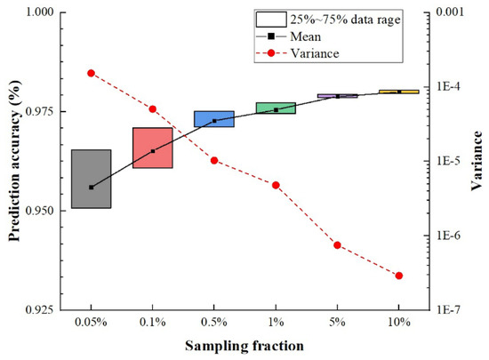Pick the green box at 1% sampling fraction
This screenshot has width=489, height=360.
coord(276,108)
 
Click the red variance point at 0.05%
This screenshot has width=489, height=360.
coord(91,73)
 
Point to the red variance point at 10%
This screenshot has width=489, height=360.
coord(399,276)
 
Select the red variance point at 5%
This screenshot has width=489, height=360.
coord(338,244)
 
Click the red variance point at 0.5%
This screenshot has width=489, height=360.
coord(214,160)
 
